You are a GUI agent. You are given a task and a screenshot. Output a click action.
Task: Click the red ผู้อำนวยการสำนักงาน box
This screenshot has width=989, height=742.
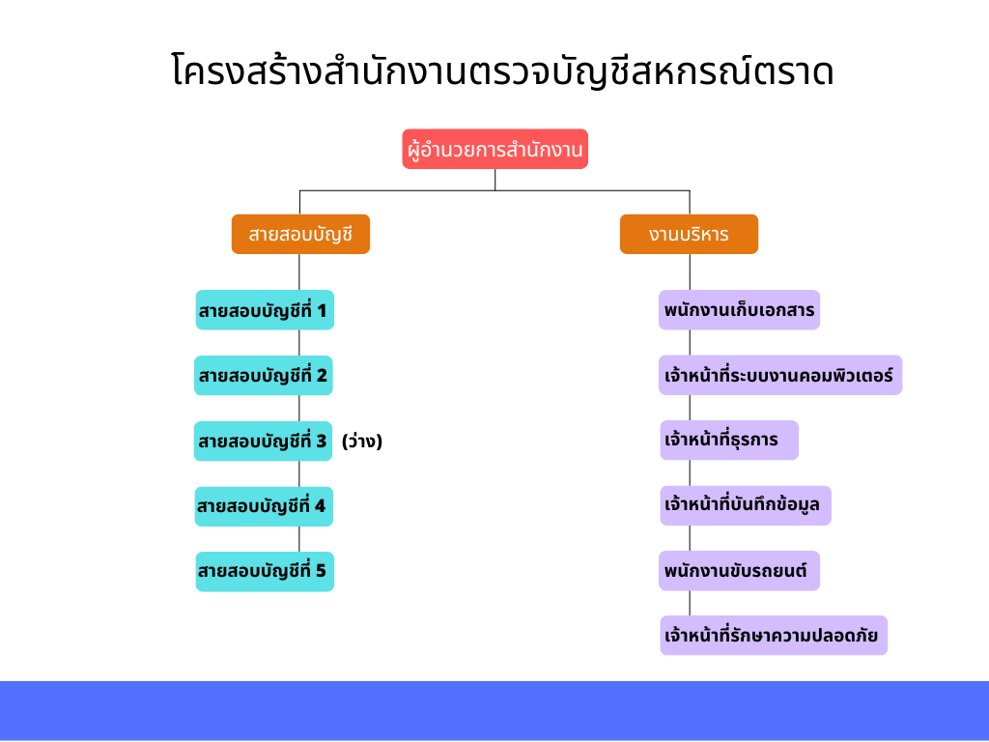pos(495,149)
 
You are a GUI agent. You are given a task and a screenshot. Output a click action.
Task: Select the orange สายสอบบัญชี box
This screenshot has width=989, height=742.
pos(301,234)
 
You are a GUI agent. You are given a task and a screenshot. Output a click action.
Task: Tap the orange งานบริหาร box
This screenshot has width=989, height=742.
pos(689,234)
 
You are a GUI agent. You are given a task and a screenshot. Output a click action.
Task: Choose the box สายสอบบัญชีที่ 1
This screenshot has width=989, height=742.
pos(265,310)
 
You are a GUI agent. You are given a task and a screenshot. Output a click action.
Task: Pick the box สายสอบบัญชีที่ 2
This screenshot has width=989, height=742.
pos(264,376)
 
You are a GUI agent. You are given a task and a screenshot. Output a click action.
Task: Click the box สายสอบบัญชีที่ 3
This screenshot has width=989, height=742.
pos(263,441)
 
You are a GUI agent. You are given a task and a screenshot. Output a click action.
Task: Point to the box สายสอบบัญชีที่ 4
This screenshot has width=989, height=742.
pos(264,506)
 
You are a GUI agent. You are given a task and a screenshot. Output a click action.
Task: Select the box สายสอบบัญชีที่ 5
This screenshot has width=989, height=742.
pos(265,572)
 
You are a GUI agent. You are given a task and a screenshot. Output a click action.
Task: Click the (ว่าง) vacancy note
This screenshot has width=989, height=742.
pos(362,441)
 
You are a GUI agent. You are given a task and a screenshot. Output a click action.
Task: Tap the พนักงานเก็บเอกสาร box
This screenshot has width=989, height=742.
pos(739,310)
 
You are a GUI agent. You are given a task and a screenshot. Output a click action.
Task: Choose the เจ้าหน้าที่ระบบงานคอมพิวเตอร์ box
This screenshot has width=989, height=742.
pos(780,376)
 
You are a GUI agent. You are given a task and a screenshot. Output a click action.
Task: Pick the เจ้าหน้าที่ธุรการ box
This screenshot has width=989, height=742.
pos(729,441)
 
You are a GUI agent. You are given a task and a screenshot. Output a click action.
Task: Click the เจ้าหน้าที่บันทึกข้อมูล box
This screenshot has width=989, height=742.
pos(746,505)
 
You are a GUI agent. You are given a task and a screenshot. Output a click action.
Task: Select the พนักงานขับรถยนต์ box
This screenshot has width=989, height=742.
pos(739,571)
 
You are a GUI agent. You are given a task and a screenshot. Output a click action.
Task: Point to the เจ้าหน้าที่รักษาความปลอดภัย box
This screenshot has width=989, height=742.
pos(774,636)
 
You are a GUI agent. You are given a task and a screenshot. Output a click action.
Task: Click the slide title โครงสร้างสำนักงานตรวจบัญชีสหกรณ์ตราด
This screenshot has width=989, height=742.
pos(502,71)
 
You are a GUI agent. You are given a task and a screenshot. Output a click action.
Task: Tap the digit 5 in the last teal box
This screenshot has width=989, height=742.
pos(321,571)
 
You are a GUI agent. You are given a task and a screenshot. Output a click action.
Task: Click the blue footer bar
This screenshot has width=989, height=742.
pos(494,710)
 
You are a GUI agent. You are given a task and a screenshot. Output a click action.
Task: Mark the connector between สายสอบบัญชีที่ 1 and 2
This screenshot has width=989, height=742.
pos(299,343)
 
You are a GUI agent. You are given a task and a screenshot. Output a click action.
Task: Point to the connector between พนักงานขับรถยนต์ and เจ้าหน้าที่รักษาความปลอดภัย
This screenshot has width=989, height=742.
pos(690,603)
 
